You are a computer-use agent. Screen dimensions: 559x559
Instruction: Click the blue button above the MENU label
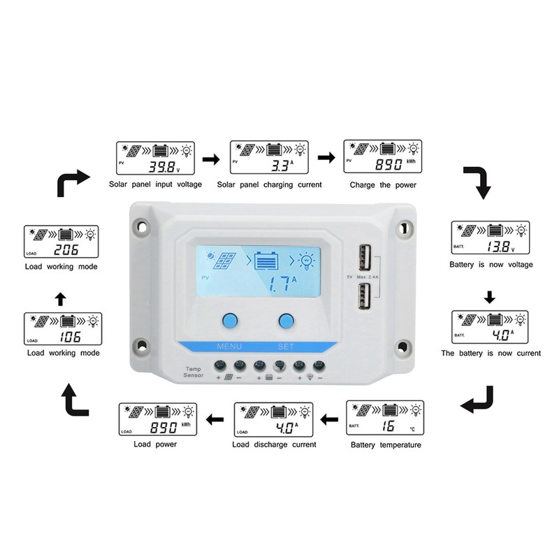pos(229,321)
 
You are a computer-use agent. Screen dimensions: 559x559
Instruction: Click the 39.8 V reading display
pos(155,158)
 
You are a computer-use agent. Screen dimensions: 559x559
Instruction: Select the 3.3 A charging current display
pos(270,158)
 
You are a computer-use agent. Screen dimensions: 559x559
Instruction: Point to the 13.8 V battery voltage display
pos(490,238)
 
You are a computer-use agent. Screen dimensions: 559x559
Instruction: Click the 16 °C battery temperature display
pos(385,418)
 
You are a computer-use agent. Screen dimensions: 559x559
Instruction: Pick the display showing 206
pos(61,242)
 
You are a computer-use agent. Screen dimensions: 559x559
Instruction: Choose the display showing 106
pos(61,330)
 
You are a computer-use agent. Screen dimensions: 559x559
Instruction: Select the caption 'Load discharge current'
pos(274,444)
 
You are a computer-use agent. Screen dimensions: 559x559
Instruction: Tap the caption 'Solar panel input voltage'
pos(155,185)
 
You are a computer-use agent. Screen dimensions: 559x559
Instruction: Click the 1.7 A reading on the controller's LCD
pos(282,283)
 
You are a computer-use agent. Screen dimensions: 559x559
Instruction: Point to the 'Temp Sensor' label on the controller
pos(193,372)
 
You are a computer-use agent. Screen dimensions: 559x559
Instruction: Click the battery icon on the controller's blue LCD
pos(267,261)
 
